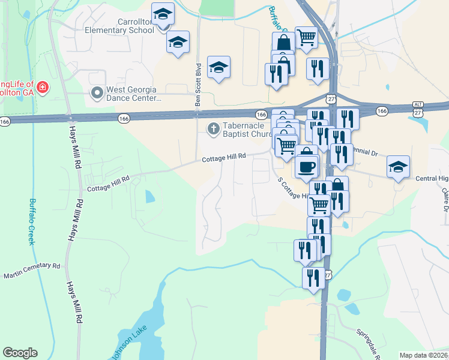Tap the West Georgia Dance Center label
coord(134,94)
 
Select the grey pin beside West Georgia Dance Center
coord(96,93)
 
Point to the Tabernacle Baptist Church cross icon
coord(213,128)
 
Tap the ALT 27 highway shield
coord(418,109)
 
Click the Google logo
coord(20,353)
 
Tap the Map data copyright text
coord(424,355)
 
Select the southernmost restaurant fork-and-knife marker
coord(313,278)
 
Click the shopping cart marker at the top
coord(306,37)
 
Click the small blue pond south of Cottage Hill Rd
coord(149,196)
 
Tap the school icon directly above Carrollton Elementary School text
coord(162,14)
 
